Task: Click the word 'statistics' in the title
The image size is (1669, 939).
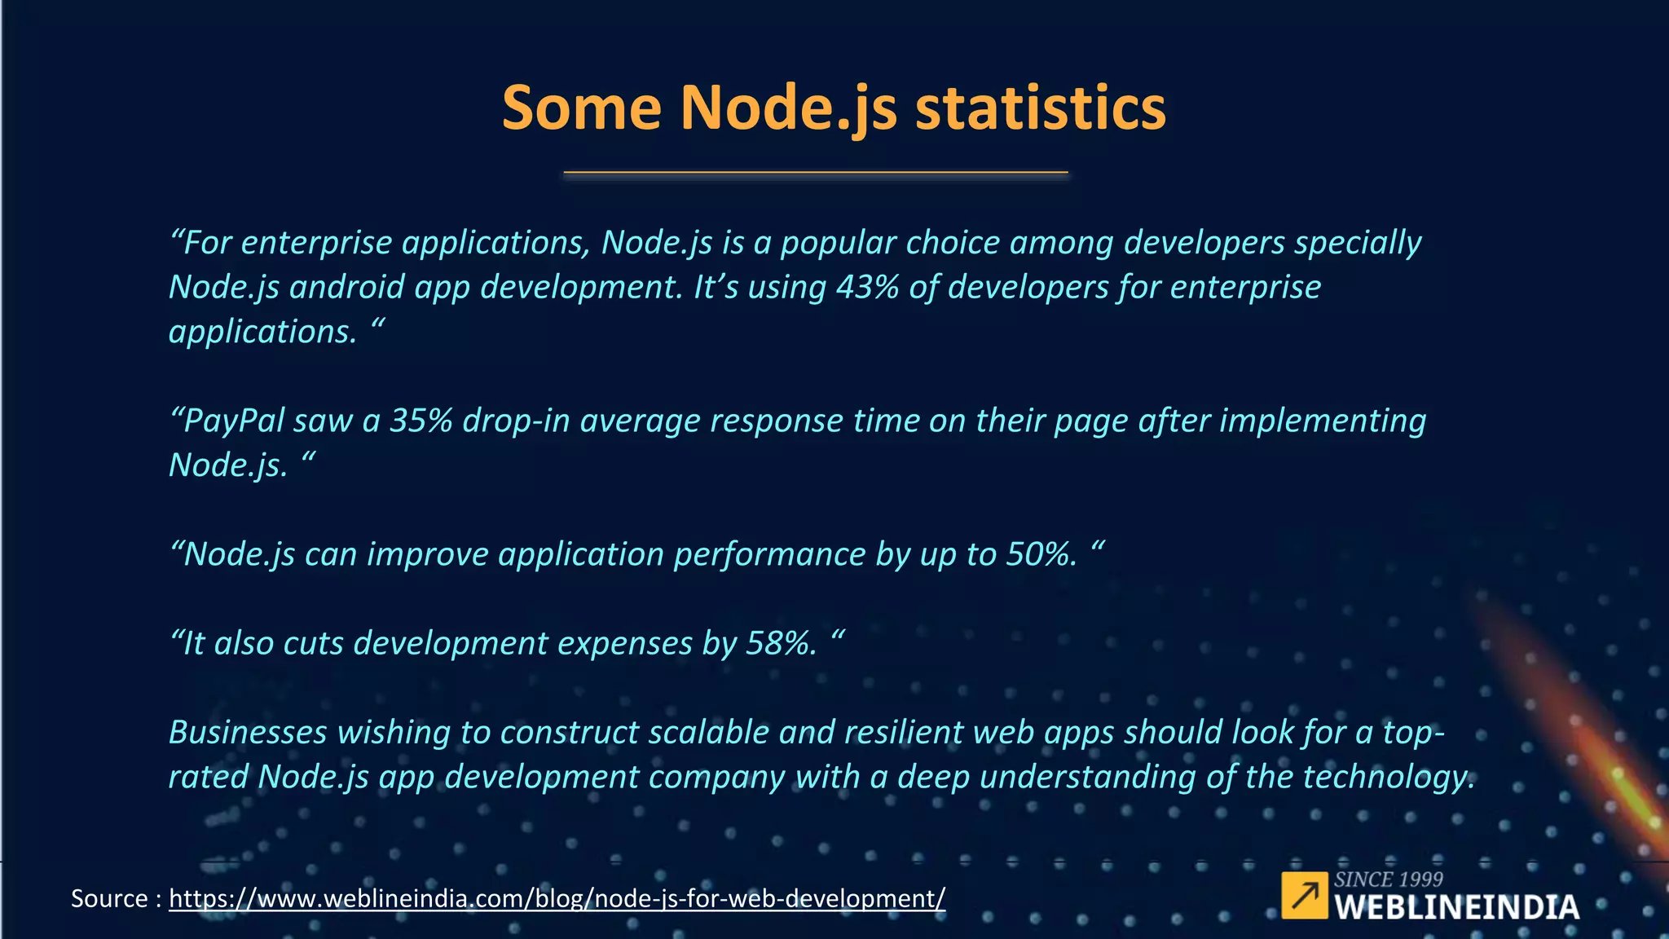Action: click(1041, 108)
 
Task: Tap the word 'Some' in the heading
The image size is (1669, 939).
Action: click(581, 108)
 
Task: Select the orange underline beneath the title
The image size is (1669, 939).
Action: click(815, 173)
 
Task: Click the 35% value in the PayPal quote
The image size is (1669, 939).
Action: click(421, 421)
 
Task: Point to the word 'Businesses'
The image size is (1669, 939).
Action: click(248, 733)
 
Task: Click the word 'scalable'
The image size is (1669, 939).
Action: click(708, 733)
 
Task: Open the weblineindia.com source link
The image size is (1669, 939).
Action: click(557, 899)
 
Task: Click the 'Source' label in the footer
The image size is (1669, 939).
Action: click(109, 899)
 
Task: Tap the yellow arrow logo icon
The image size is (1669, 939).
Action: click(1304, 895)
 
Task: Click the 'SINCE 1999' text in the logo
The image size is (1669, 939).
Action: click(1388, 879)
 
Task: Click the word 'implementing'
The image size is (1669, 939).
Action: click(1322, 421)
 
